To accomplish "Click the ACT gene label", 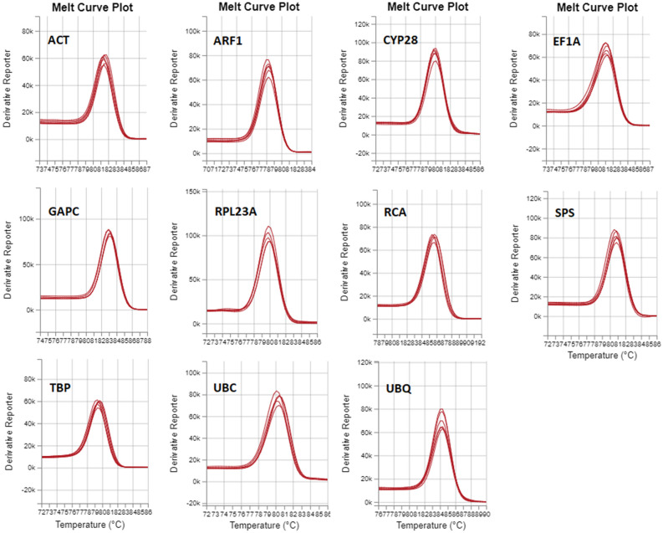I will click(x=59, y=40).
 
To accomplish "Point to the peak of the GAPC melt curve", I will click(x=109, y=231).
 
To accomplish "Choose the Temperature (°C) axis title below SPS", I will click(x=599, y=355).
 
